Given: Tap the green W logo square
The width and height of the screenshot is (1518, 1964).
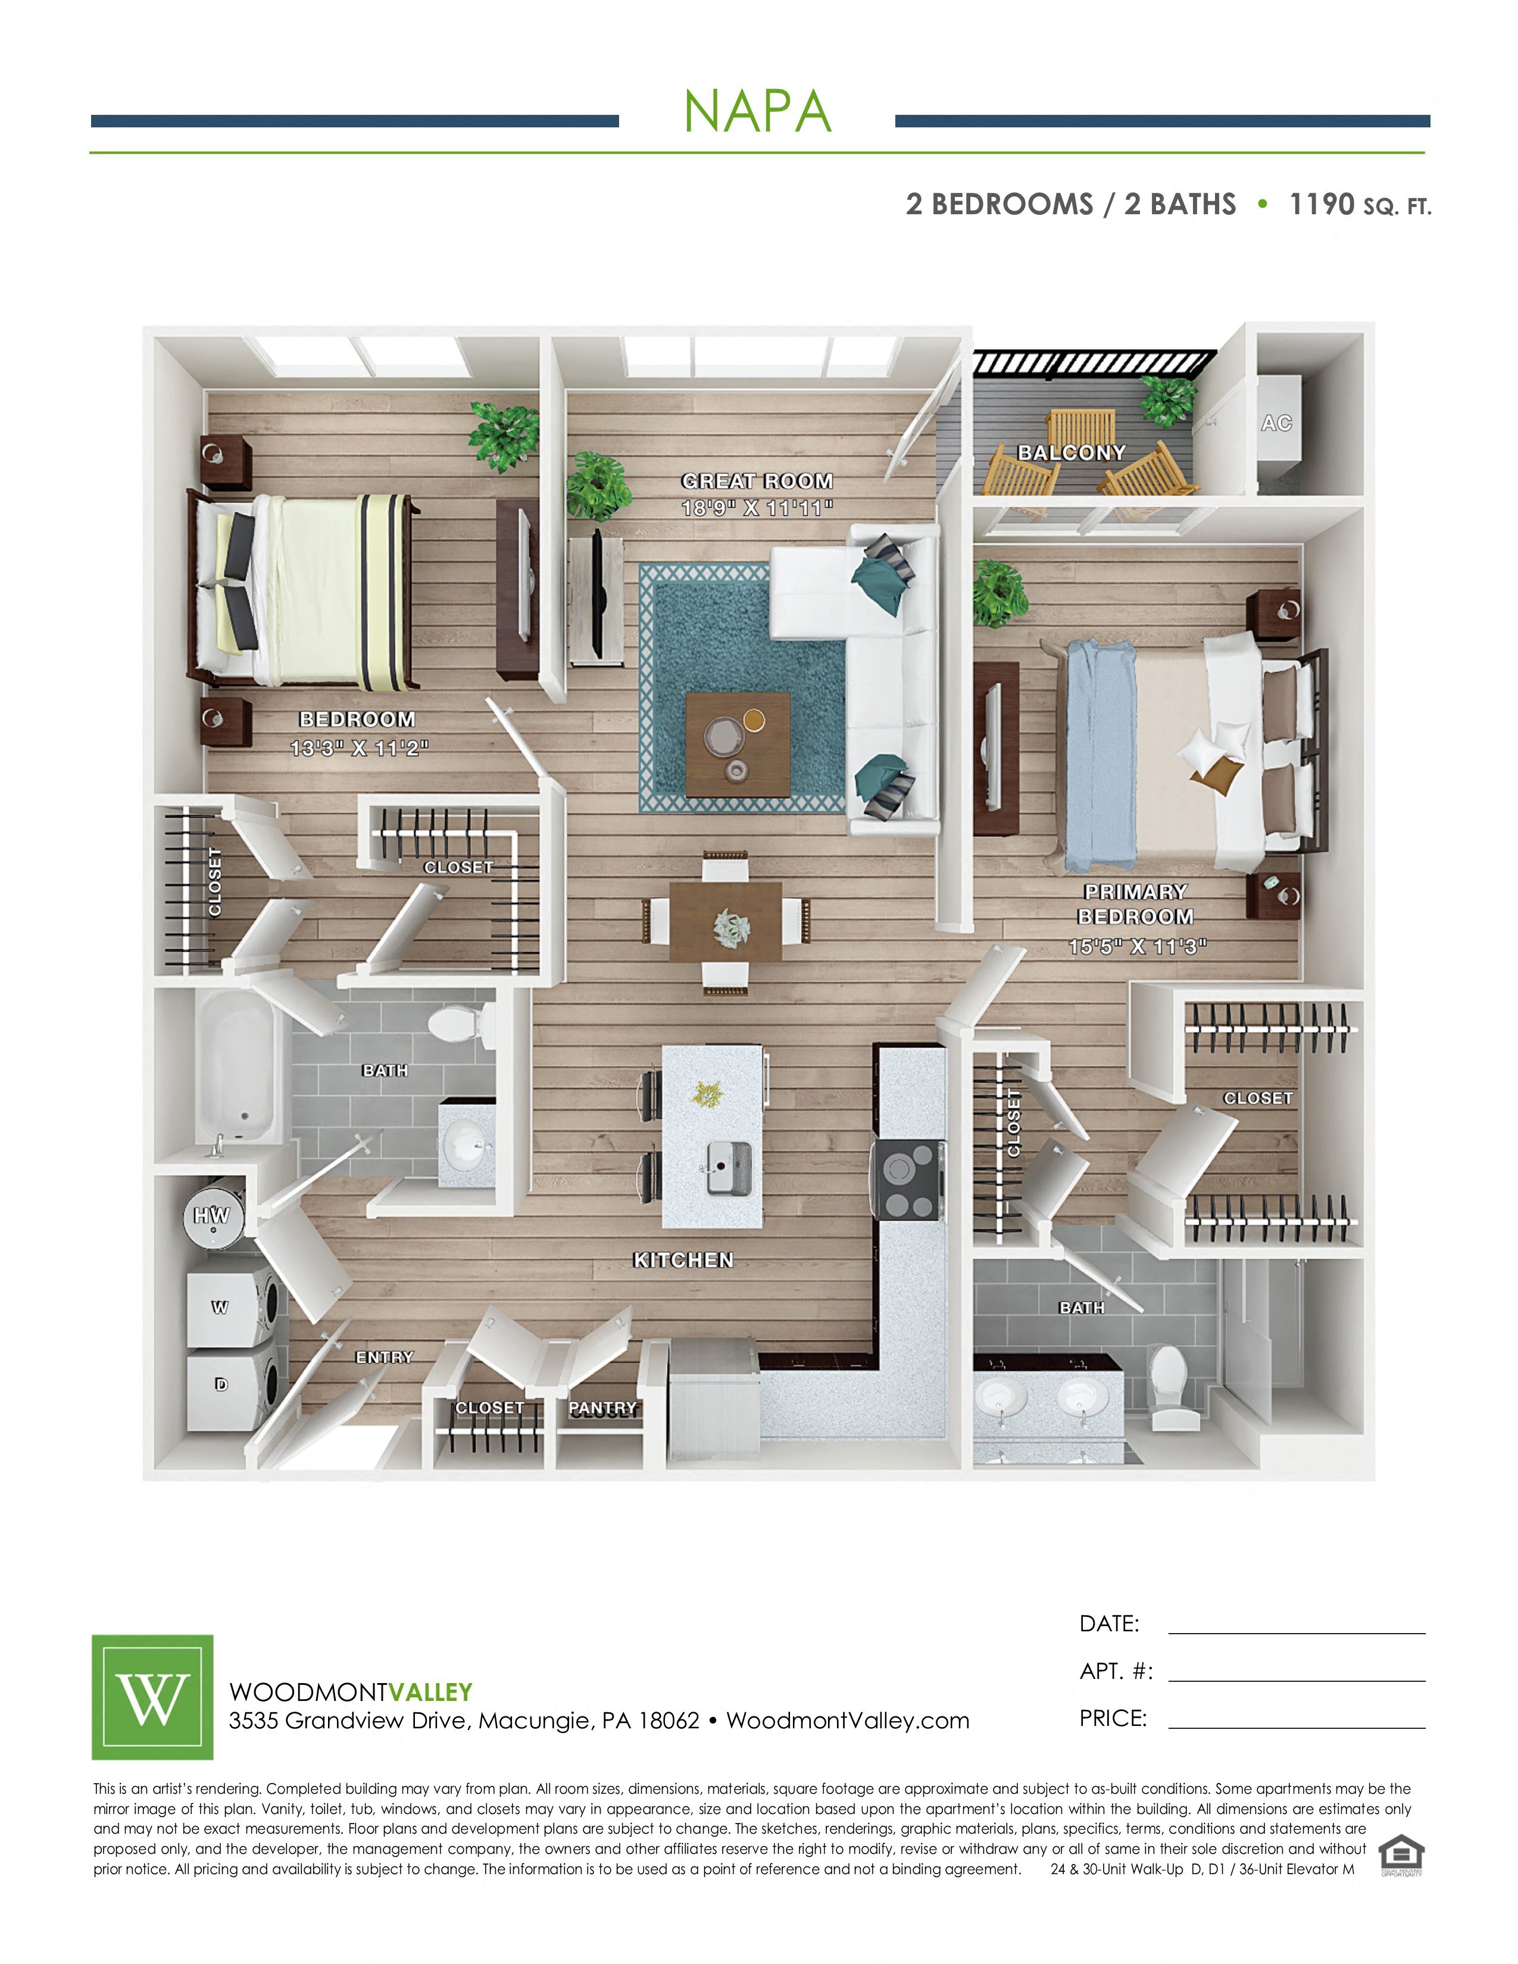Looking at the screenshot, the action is (153, 1697).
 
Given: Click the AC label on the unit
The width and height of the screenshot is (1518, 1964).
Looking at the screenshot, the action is (1276, 423).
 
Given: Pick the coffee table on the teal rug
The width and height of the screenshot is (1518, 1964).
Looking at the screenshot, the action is (738, 745).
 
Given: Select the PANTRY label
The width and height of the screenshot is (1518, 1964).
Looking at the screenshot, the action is (602, 1408).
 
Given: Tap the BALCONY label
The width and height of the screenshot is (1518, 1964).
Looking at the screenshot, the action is (1071, 452).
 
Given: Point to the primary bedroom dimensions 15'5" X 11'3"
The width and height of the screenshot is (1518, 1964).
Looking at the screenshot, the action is (1136, 946).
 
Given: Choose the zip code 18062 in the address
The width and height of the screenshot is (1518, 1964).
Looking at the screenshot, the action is (668, 1721).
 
